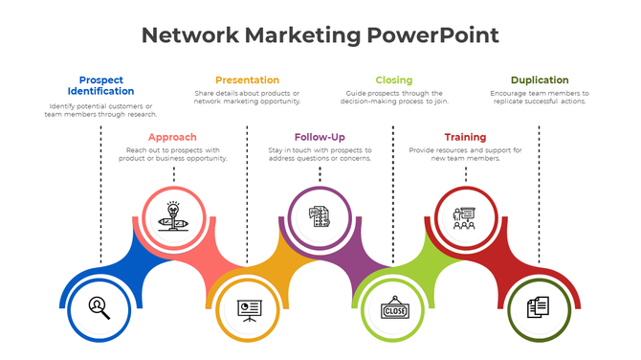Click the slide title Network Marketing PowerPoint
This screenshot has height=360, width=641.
click(320, 36)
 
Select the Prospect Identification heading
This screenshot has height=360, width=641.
click(100, 85)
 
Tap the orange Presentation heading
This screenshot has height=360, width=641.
click(247, 79)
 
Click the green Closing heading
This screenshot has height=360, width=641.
click(393, 79)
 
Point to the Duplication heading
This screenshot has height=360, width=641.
click(539, 79)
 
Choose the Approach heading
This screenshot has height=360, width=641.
click(172, 137)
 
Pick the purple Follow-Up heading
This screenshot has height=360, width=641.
click(320, 137)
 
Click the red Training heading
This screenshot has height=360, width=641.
click(465, 137)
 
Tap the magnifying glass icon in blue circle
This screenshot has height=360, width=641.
click(99, 307)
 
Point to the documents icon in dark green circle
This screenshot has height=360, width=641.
click(539, 308)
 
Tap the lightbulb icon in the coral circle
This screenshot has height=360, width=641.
click(173, 216)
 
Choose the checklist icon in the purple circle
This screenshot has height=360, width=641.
click(320, 216)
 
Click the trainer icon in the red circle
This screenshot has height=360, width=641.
click(465, 217)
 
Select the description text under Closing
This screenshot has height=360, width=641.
click(393, 97)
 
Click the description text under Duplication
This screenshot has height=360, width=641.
click(539, 97)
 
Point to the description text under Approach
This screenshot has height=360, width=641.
click(173, 154)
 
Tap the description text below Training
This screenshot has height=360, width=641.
click(465, 154)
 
